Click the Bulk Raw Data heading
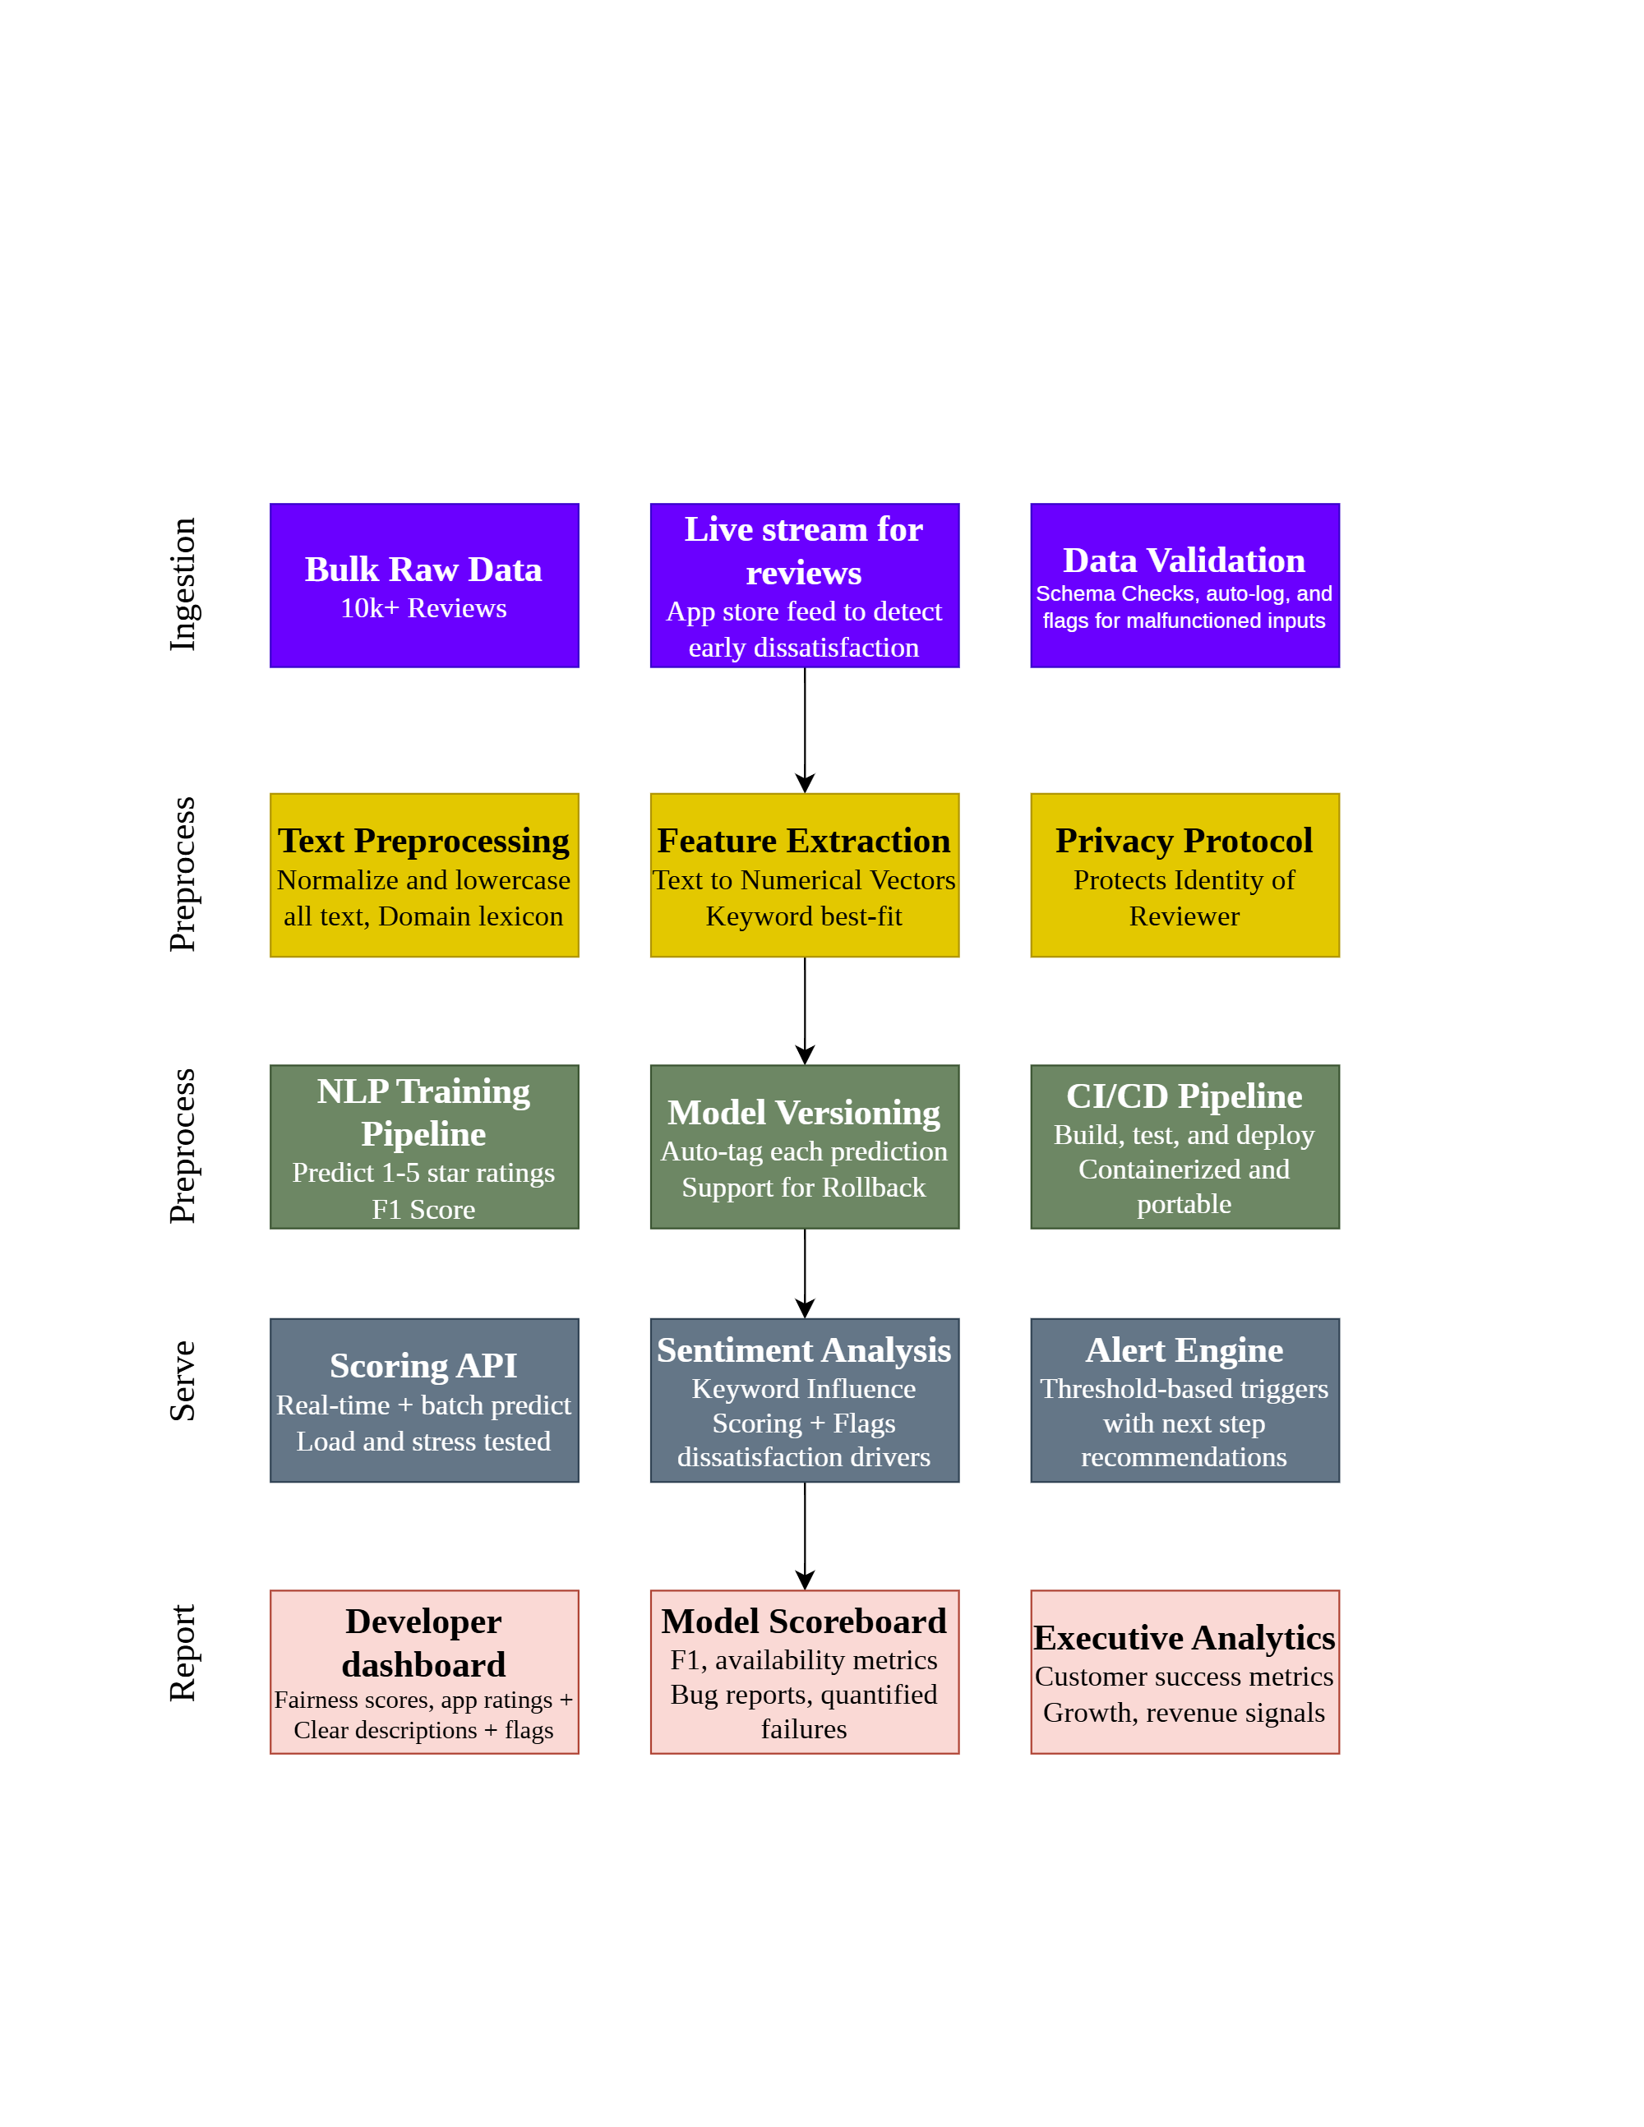point(423,570)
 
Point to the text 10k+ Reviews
point(423,609)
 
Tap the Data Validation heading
point(1184,561)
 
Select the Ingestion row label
point(183,584)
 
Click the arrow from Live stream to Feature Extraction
point(805,730)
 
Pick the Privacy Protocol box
point(1185,874)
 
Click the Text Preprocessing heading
point(423,841)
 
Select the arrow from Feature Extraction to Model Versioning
point(805,1010)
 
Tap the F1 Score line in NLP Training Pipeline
point(423,1210)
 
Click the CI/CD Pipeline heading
point(1184,1096)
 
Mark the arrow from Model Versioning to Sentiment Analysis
point(805,1273)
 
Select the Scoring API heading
point(423,1367)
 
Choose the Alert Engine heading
point(1185,1351)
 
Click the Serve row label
point(183,1381)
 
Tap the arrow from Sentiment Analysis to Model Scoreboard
point(805,1536)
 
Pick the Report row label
point(183,1653)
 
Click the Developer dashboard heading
point(423,1643)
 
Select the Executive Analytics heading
point(1185,1638)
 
